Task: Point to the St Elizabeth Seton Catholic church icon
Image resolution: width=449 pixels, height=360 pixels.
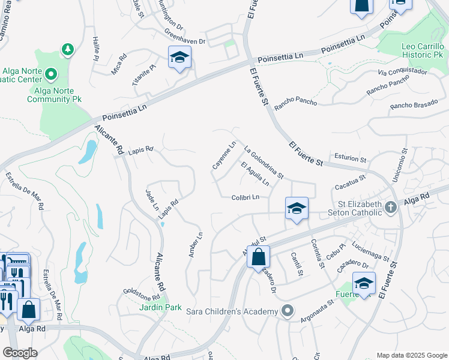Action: coord(391,208)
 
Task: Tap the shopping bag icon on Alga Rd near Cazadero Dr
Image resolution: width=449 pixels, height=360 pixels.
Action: coord(258,257)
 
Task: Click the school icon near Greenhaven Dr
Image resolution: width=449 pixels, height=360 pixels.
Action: coord(179,58)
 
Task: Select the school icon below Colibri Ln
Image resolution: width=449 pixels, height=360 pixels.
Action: coord(297,208)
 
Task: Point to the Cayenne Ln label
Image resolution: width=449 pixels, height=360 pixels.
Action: coord(223,155)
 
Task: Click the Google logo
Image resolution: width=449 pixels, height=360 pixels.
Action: coord(20,353)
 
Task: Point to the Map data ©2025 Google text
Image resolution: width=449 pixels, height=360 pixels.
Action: coord(411,355)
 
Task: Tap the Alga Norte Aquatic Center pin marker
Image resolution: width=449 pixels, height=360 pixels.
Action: coord(50,75)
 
